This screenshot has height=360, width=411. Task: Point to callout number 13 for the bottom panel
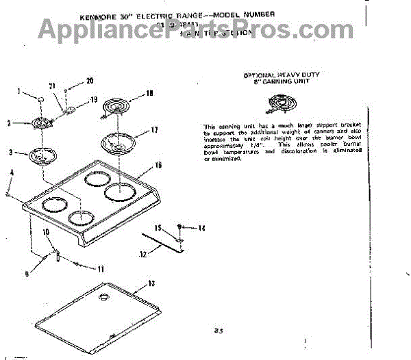click(x=152, y=283)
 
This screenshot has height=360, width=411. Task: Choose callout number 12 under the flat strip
click(x=143, y=254)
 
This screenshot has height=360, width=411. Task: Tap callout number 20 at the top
click(x=89, y=81)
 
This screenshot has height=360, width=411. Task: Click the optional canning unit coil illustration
click(x=281, y=105)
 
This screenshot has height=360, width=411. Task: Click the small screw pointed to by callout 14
click(x=179, y=226)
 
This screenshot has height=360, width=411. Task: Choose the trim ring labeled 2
click(x=42, y=124)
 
